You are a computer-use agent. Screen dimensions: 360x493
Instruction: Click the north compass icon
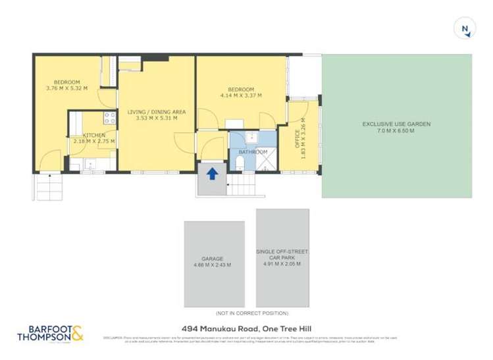(x=465, y=28)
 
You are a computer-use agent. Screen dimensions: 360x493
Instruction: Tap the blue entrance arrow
(x=213, y=174)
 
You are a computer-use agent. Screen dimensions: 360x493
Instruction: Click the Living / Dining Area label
(x=156, y=112)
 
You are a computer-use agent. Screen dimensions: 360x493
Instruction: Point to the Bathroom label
(x=253, y=152)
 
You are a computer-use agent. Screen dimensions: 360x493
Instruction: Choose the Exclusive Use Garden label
(x=396, y=124)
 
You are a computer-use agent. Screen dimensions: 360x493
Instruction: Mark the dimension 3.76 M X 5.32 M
(x=66, y=88)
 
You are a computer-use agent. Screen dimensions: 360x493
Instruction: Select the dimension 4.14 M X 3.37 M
(x=241, y=95)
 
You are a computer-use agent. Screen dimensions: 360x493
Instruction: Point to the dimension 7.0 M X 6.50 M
(x=396, y=131)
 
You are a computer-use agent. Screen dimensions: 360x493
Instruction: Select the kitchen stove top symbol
(x=109, y=118)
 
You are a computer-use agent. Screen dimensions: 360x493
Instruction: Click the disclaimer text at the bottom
(x=250, y=339)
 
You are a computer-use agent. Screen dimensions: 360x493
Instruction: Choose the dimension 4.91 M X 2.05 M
(x=282, y=264)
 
